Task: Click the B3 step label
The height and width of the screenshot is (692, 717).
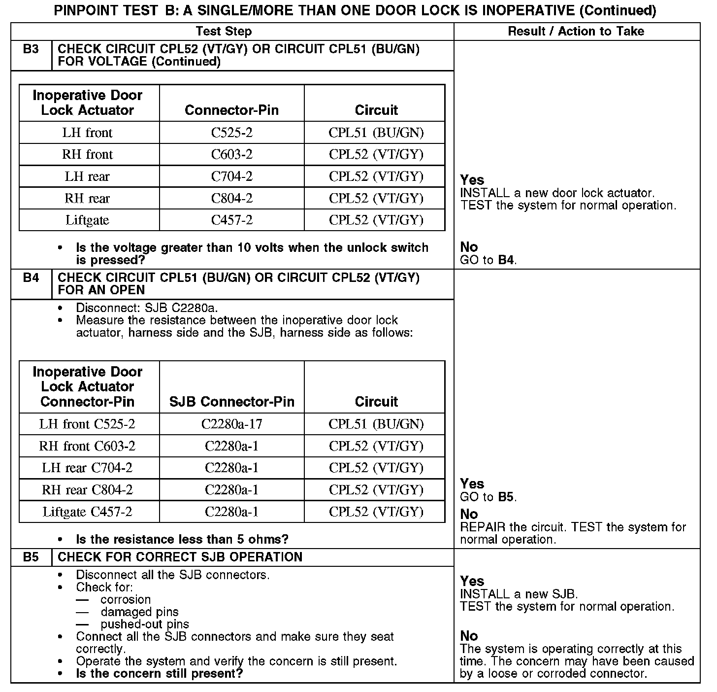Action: point(31,49)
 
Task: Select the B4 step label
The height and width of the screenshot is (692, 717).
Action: point(31,278)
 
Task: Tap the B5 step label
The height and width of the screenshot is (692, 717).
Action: point(31,557)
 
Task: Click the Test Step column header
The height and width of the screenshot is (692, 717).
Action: point(224,32)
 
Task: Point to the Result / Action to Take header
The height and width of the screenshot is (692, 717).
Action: point(576,32)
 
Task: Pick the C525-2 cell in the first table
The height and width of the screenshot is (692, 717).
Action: point(231,133)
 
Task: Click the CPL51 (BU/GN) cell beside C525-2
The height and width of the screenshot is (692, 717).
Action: point(376,133)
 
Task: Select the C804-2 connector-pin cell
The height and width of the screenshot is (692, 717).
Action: point(231,198)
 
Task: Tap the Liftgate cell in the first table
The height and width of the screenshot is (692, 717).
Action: point(87,220)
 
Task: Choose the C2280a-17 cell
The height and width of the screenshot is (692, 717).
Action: point(231,424)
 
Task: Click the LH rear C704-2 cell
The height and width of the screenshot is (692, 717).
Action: point(87,468)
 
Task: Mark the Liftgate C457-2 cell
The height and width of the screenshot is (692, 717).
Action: point(87,512)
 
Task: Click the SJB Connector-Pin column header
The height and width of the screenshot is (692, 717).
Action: point(231,402)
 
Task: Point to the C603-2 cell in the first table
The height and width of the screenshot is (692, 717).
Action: point(231,154)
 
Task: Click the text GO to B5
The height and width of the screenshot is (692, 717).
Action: point(488,497)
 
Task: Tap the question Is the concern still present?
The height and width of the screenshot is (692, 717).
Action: point(160,673)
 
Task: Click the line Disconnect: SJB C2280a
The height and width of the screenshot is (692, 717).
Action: point(147,308)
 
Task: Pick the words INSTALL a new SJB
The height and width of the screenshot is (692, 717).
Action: point(519,594)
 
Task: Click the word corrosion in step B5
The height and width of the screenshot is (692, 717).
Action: point(126,600)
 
